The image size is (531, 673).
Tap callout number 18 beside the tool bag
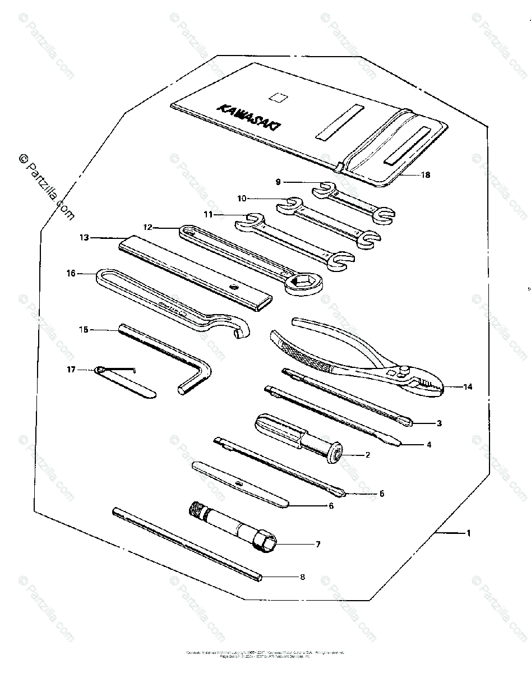coord(426,174)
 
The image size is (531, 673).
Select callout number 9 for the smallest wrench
coord(278,182)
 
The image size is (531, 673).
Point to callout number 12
coord(148,228)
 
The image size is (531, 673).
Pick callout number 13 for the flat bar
coord(84,238)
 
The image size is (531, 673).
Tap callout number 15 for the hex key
coord(84,330)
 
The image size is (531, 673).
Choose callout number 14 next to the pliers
coord(468,387)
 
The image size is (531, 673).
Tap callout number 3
coord(439,423)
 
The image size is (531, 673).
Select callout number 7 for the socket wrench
coord(318,544)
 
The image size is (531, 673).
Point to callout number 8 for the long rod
coord(303,577)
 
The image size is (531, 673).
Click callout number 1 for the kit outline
coord(469,533)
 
